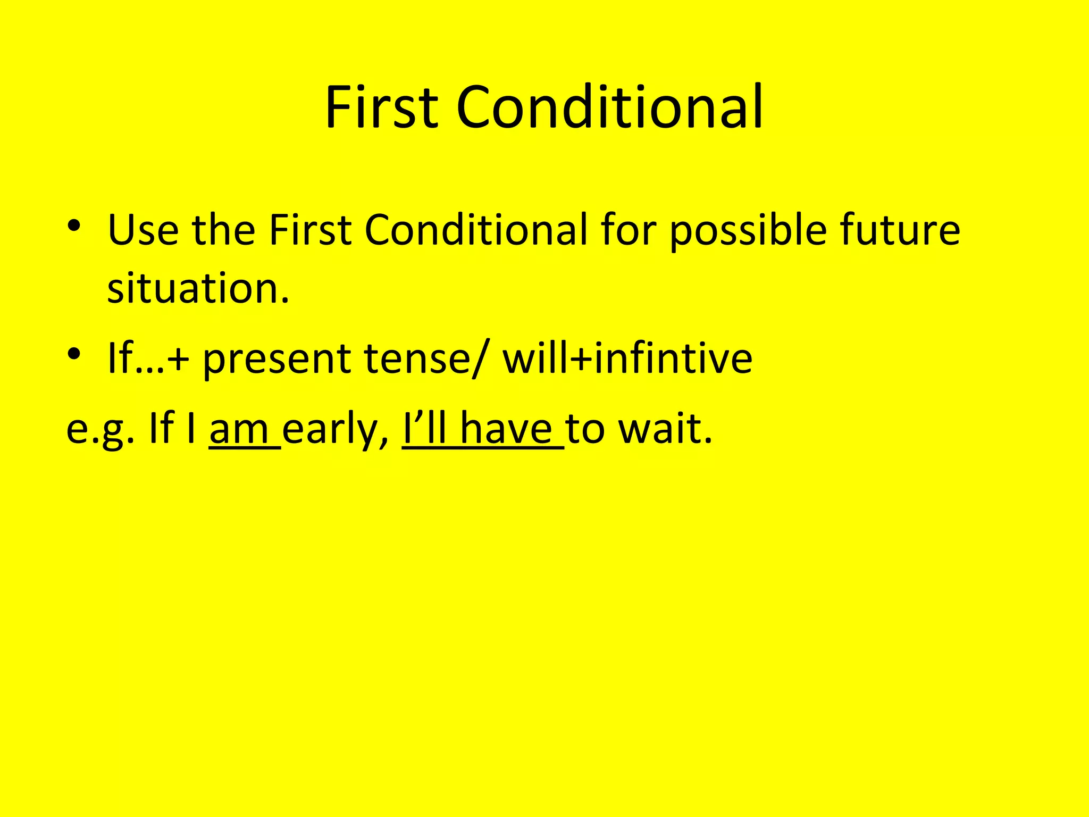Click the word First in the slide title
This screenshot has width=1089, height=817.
[382, 107]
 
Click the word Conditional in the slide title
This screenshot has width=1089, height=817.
[609, 107]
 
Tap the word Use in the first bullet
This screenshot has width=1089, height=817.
[143, 230]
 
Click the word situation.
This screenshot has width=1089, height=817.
[198, 288]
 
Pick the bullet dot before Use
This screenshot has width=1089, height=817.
[74, 226]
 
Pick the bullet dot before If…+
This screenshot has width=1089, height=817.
[74, 353]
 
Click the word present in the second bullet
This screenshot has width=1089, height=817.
[277, 360]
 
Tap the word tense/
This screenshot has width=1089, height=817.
[424, 359]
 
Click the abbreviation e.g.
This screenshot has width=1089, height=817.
[99, 430]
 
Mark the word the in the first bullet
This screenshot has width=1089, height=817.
[223, 230]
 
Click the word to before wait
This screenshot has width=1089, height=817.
[584, 430]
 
